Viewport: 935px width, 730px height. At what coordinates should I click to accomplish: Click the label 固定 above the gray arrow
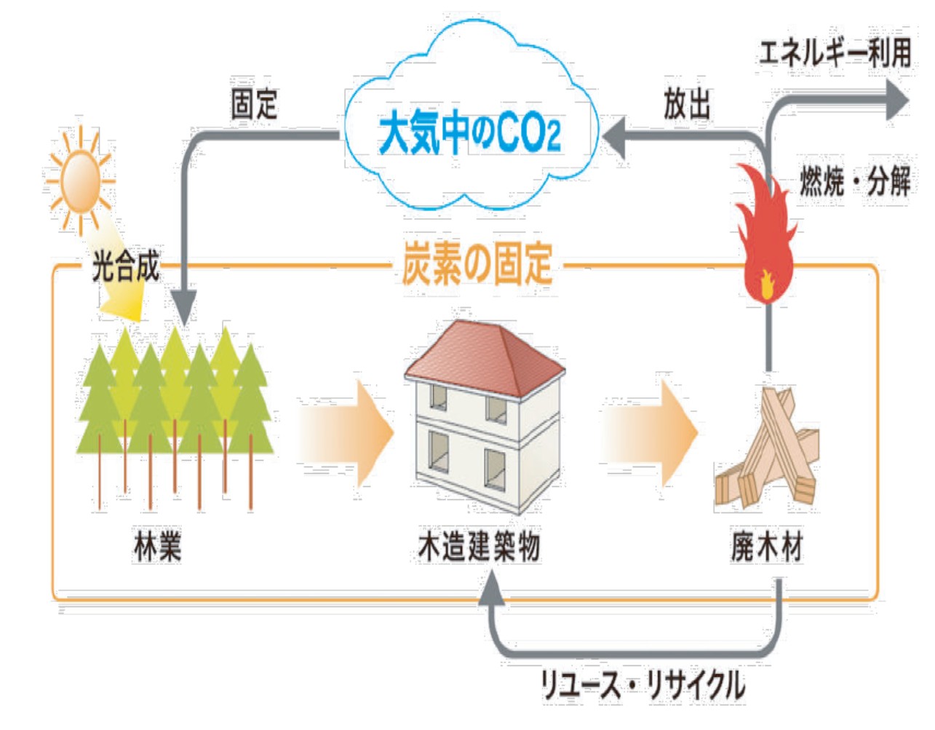[254, 103]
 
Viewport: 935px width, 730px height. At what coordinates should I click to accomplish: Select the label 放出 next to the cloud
[686, 103]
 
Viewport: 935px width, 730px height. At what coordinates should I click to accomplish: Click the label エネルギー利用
[835, 52]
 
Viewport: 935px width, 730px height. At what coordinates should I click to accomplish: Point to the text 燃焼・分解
[855, 180]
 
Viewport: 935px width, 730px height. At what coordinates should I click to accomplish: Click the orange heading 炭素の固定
[477, 263]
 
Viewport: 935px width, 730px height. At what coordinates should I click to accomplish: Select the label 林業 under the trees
[157, 546]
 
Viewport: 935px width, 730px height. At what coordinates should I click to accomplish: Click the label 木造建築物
[479, 546]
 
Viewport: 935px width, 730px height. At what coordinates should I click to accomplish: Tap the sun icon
[79, 180]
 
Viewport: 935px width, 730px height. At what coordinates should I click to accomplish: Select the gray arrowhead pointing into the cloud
[616, 136]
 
